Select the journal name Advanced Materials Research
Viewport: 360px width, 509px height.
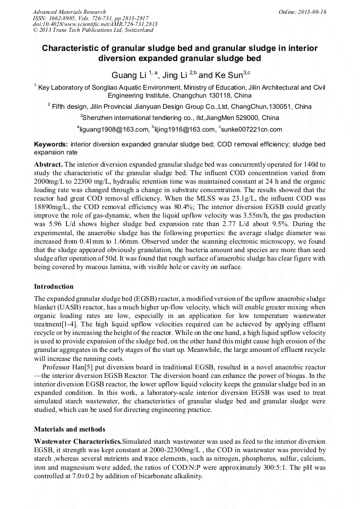pos(69,12)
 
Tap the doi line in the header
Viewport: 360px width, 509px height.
pos(95,24)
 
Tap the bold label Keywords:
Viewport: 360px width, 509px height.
pos(50,144)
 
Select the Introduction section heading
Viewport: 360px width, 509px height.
pos(54,287)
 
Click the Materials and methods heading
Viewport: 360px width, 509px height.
pos(69,429)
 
